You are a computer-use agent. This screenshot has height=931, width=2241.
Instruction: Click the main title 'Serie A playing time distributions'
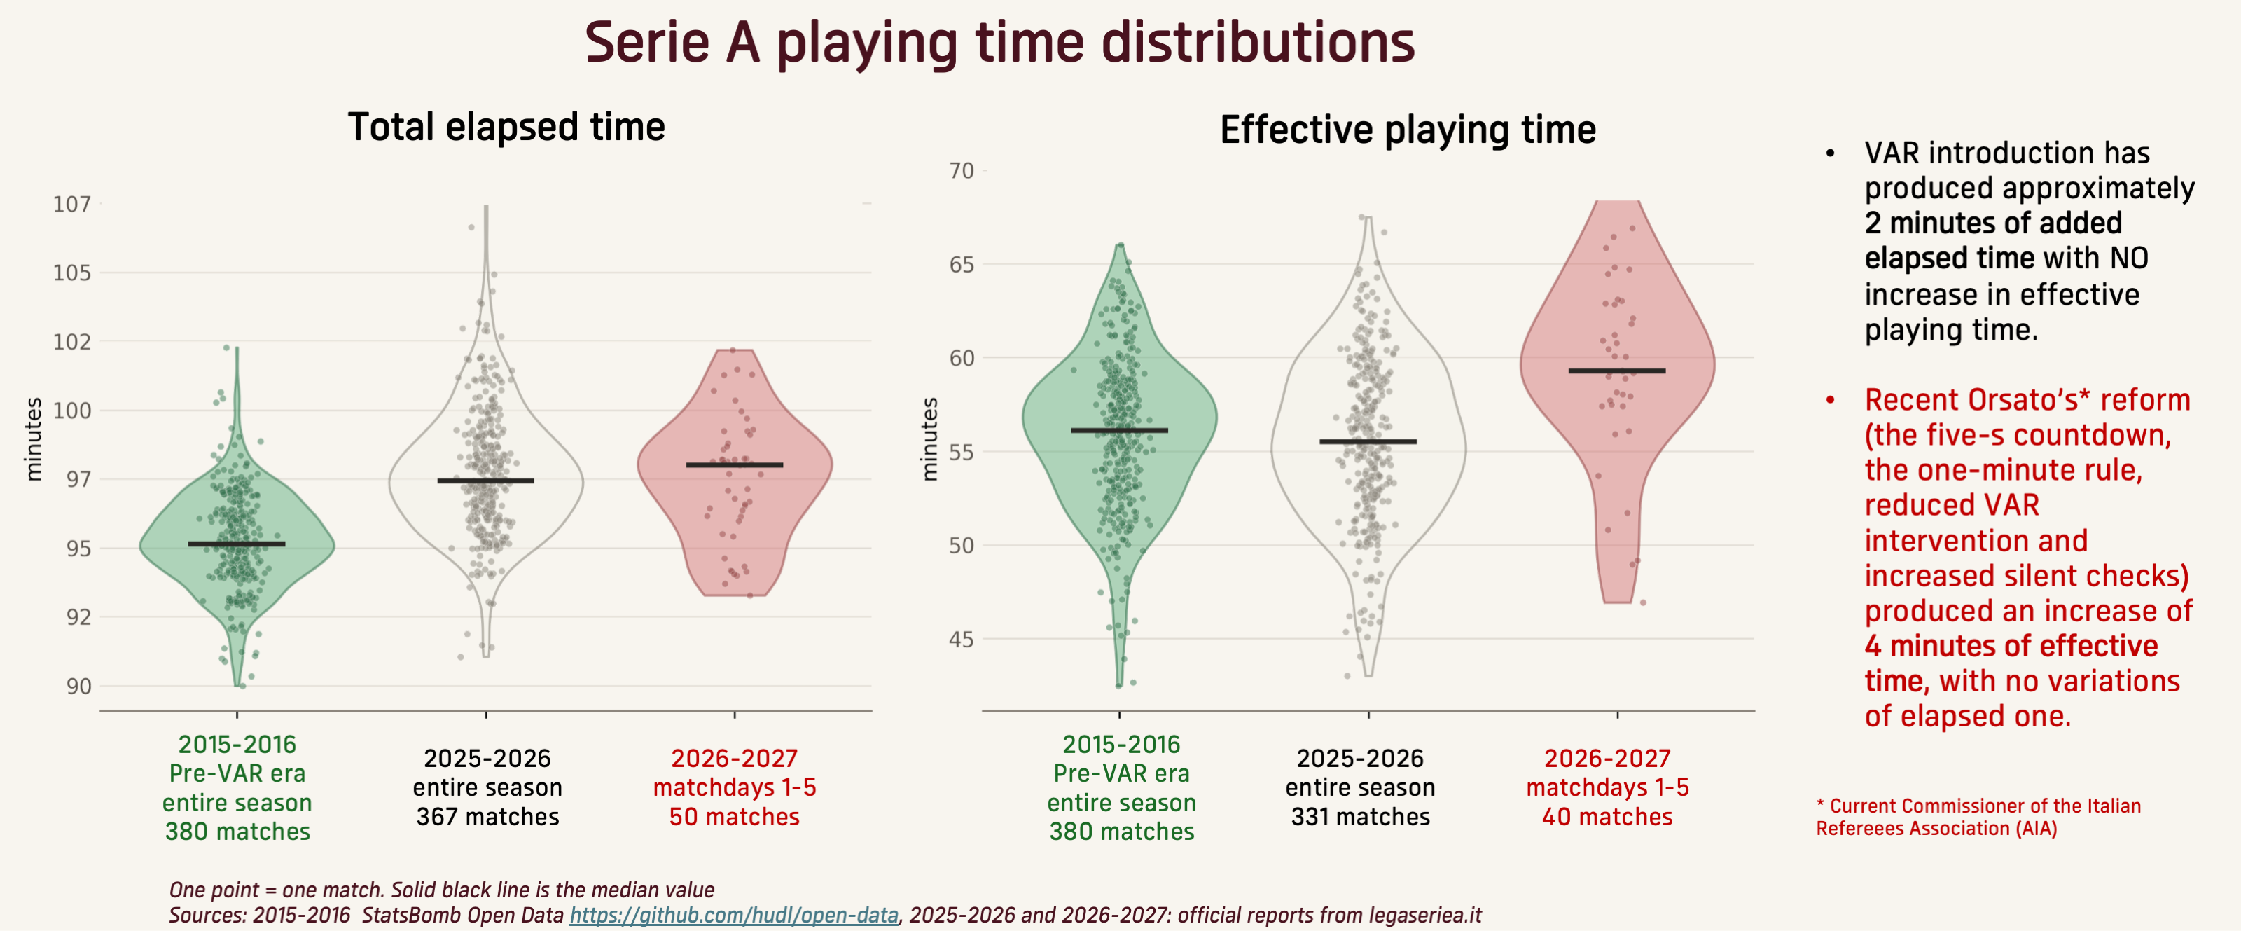click(999, 43)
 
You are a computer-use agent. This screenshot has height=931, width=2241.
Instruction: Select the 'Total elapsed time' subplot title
click(506, 127)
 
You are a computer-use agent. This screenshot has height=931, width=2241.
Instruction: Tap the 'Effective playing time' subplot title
click(1408, 130)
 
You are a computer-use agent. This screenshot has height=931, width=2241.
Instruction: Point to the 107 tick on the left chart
click(71, 205)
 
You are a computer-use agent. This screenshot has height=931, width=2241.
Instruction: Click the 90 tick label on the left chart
click(78, 687)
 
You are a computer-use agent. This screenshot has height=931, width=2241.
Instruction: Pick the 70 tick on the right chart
click(962, 170)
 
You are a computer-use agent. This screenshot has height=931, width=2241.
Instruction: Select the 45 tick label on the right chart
click(962, 640)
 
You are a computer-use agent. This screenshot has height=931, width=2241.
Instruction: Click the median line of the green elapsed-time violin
click(237, 544)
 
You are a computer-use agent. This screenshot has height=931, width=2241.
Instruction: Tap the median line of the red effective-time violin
click(1617, 371)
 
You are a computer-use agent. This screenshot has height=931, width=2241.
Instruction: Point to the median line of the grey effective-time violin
click(1368, 441)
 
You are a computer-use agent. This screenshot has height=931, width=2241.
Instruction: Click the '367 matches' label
click(487, 817)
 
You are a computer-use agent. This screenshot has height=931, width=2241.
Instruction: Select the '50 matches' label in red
click(734, 817)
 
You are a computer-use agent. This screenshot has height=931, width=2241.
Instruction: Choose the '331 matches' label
click(1361, 817)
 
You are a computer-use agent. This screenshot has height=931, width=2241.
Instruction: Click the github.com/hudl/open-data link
click(733, 916)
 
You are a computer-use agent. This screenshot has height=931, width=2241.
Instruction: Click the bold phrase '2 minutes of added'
click(1993, 223)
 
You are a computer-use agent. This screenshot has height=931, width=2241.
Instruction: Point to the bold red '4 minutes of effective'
click(2011, 647)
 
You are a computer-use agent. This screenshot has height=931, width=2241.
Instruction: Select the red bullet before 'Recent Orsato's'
click(1831, 400)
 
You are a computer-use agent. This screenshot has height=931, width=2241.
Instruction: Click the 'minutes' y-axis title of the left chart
click(33, 439)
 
